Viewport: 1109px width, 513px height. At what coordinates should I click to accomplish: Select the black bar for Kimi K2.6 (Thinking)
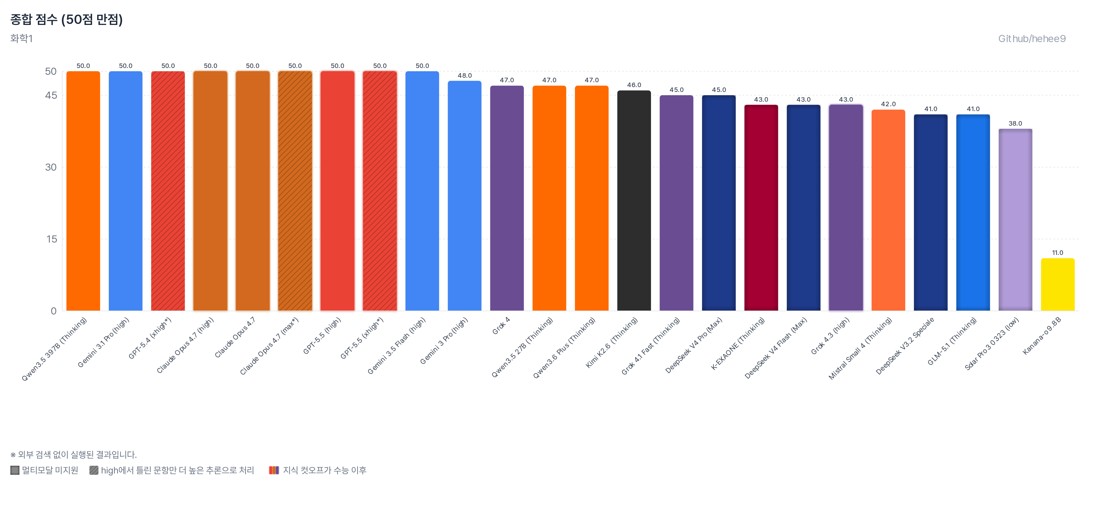tap(634, 200)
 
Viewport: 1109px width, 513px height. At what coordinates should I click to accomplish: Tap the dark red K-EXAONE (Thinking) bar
tap(761, 208)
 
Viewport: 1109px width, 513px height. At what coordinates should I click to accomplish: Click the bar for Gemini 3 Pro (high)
tap(464, 196)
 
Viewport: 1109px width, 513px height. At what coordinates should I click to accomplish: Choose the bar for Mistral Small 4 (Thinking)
tap(888, 210)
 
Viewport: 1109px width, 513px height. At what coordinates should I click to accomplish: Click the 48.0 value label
tap(464, 75)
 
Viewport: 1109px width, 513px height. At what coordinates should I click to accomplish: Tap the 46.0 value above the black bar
tap(634, 85)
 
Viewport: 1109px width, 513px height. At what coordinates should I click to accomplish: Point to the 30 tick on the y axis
tap(51, 167)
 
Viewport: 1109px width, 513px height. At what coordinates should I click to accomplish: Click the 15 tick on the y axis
tap(52, 239)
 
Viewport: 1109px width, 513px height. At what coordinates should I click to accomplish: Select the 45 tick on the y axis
tap(51, 95)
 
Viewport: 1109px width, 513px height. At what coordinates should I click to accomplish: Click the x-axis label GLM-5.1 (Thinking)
tap(952, 341)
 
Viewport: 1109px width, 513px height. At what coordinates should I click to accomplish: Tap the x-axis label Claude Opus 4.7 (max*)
tap(269, 346)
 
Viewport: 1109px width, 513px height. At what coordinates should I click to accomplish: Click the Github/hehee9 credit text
tap(1032, 39)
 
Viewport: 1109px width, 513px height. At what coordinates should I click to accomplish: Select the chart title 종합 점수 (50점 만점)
tap(66, 19)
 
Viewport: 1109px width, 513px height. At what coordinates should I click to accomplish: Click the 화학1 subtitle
tap(21, 38)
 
